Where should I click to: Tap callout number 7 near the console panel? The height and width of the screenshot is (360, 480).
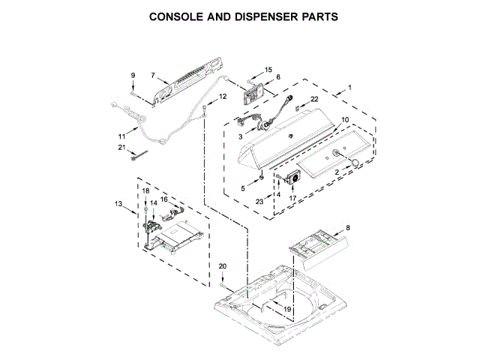(152, 75)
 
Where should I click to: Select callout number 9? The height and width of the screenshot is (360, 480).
(133, 75)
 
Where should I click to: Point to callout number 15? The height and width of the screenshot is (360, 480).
(268, 69)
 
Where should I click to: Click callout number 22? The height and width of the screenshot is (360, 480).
(314, 99)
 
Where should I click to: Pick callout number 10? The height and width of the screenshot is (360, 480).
(345, 120)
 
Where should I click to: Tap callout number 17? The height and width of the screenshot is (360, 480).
(293, 198)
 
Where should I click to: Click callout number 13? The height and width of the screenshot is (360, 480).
(118, 204)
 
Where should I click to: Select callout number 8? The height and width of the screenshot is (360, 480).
(347, 226)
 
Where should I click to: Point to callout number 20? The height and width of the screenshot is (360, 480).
(222, 266)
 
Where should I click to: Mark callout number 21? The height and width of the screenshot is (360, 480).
(121, 147)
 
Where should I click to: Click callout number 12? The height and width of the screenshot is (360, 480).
(222, 97)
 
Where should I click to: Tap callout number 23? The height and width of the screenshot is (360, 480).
(260, 202)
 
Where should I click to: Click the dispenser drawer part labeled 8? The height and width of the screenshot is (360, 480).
(314, 246)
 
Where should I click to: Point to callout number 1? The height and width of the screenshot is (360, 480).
(349, 88)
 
